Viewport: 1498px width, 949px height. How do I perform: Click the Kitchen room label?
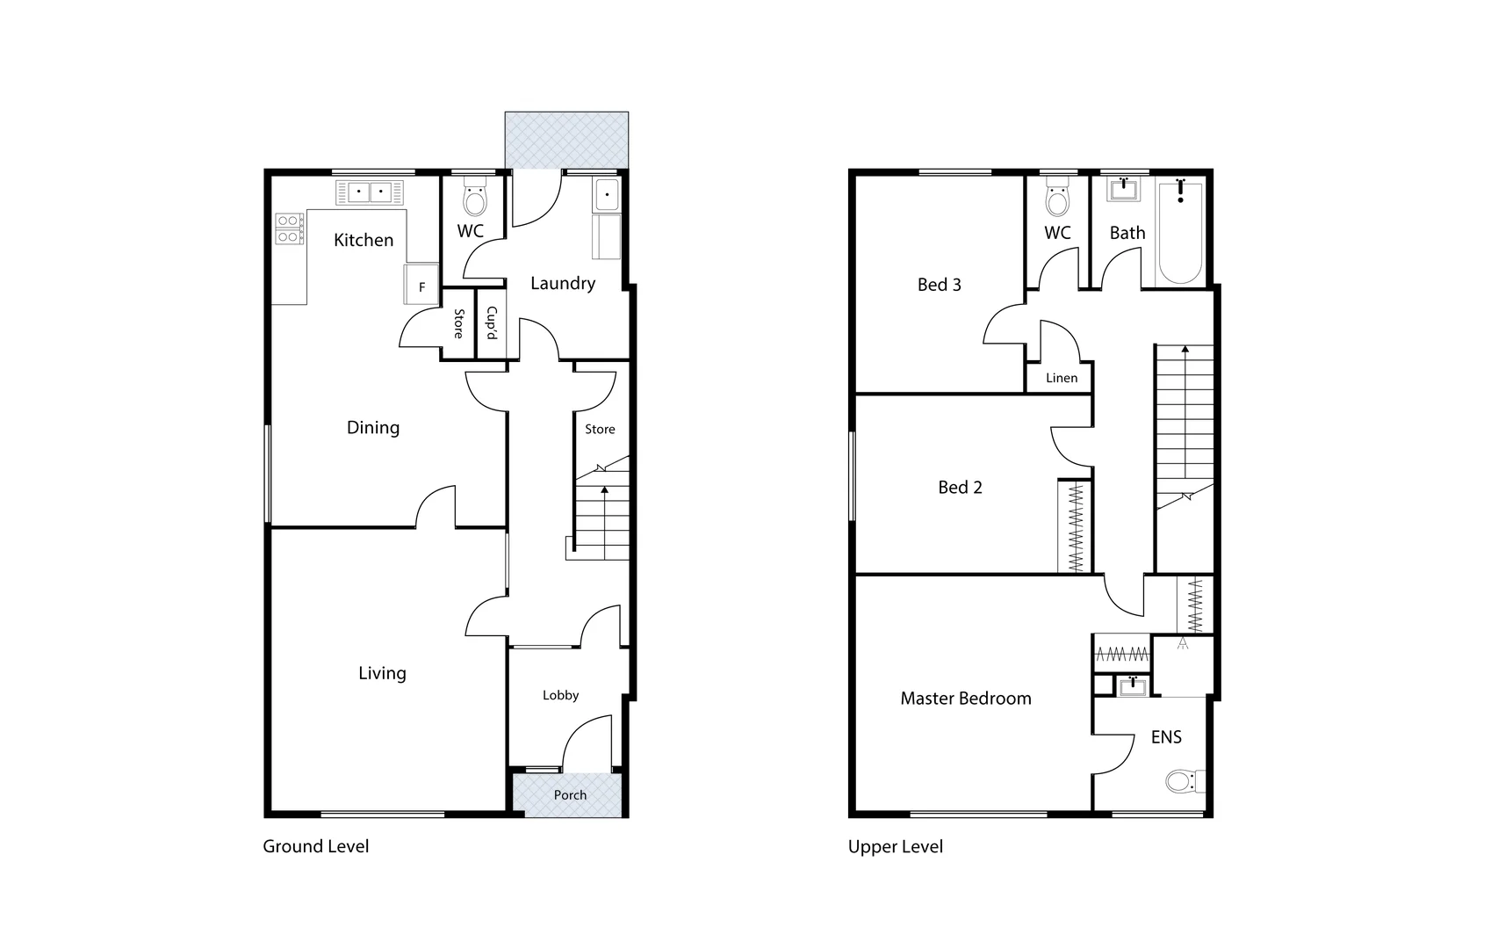click(x=364, y=240)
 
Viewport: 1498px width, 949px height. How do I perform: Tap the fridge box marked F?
click(x=421, y=286)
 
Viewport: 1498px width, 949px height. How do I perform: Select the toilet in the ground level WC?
click(x=474, y=201)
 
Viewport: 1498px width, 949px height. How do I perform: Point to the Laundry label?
click(x=563, y=283)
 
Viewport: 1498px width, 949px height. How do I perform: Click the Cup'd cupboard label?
click(x=492, y=323)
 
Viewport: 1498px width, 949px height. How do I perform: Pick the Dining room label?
click(x=373, y=428)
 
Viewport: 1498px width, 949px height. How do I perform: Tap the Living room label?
click(x=382, y=673)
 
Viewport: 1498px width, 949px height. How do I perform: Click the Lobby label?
click(x=560, y=695)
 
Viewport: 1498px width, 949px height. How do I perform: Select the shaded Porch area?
click(x=569, y=794)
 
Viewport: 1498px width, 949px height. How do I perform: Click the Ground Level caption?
click(x=316, y=846)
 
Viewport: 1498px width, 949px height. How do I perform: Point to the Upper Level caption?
click(x=896, y=846)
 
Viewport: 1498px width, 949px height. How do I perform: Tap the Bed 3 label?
click(x=940, y=285)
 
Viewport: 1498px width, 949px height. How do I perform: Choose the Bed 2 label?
click(x=960, y=488)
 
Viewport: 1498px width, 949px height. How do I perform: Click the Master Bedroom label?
click(x=966, y=699)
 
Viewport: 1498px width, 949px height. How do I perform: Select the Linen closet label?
click(x=1062, y=378)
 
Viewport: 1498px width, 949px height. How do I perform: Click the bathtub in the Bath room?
click(x=1180, y=233)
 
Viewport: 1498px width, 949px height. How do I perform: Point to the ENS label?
click(x=1166, y=737)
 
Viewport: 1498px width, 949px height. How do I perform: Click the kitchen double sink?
click(x=370, y=192)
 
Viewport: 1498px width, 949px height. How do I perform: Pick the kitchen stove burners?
click(x=288, y=229)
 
